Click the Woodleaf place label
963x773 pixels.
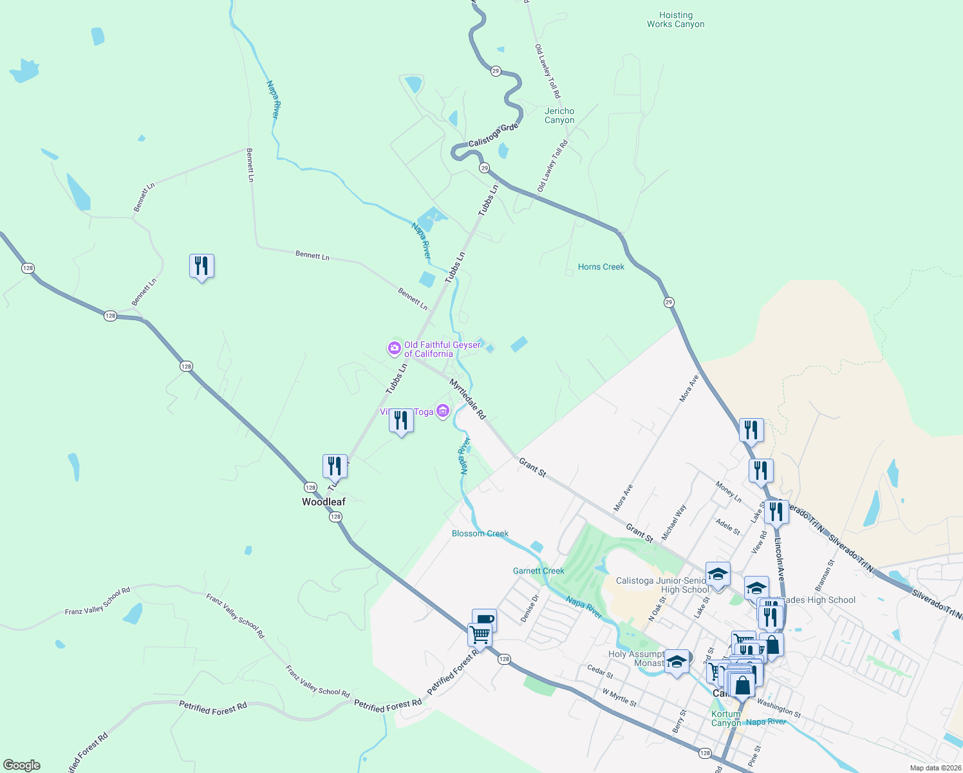click(324, 502)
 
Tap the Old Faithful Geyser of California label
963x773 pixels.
click(442, 349)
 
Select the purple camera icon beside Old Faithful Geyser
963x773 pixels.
click(394, 348)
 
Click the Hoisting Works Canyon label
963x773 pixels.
click(675, 20)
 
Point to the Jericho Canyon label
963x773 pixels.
click(559, 116)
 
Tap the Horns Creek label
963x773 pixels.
click(601, 267)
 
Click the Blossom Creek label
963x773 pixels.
click(480, 533)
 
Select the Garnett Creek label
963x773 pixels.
click(538, 571)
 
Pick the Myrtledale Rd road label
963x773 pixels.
click(467, 399)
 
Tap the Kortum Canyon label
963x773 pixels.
click(725, 718)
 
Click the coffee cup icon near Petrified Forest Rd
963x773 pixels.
click(484, 620)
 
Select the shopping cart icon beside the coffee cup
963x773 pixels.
click(480, 634)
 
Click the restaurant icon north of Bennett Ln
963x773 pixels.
click(201, 265)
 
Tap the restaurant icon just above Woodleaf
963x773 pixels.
click(335, 466)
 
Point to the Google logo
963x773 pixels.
click(21, 765)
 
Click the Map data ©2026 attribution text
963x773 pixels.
click(934, 768)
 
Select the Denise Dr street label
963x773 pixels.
click(529, 608)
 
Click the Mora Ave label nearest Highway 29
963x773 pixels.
click(689, 388)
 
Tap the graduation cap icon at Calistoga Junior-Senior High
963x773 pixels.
click(717, 573)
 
